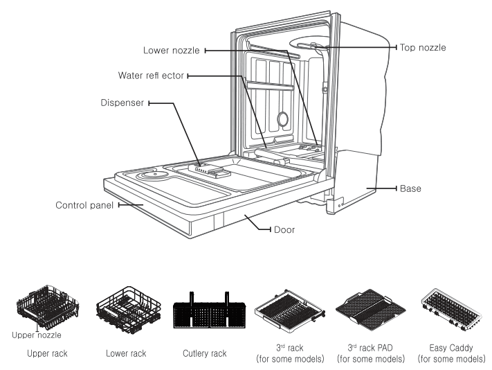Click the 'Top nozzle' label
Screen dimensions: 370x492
423,48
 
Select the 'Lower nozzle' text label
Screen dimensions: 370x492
172,51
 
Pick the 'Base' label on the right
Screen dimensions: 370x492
410,188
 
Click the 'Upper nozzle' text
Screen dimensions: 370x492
37,335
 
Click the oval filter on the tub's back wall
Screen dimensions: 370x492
283,119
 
